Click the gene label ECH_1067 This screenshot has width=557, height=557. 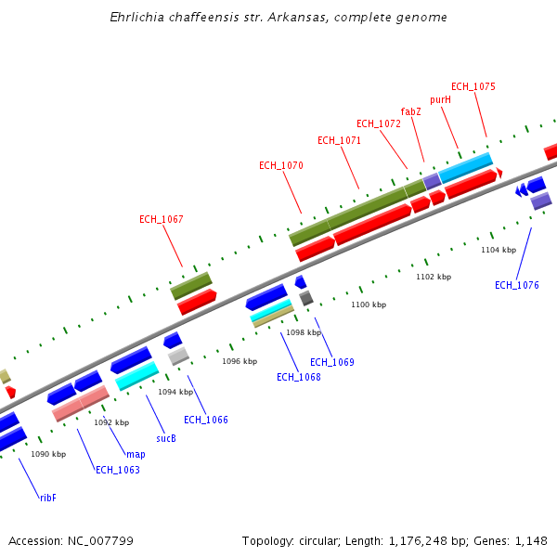(x=162, y=220)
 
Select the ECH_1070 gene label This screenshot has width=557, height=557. (x=281, y=165)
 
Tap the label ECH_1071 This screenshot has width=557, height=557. (x=339, y=141)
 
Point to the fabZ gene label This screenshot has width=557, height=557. (x=411, y=111)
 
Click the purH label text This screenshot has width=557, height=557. (x=440, y=99)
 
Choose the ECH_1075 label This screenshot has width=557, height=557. (x=473, y=86)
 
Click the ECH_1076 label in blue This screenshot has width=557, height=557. (x=516, y=285)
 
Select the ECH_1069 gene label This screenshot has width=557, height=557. (x=332, y=362)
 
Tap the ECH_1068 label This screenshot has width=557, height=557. (x=299, y=377)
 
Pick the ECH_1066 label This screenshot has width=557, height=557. (x=206, y=420)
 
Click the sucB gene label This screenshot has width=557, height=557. (x=166, y=438)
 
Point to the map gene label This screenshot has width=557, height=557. (x=136, y=455)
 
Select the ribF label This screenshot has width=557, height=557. (x=48, y=498)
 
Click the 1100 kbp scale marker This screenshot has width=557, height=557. (x=368, y=304)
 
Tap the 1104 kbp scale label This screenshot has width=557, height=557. (x=499, y=250)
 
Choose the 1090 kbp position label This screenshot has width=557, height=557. (x=48, y=454)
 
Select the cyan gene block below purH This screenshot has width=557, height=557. (x=465, y=167)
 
